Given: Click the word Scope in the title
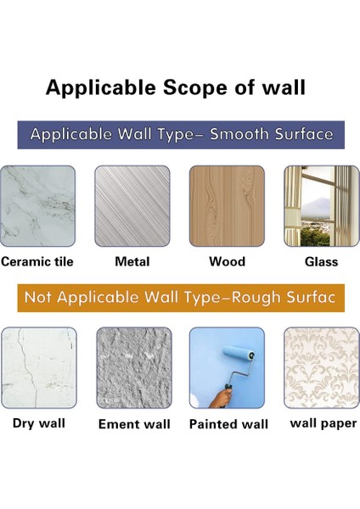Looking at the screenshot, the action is [194, 88].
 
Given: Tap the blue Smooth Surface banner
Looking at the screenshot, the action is [181, 135].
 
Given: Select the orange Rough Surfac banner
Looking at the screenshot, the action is [181, 298].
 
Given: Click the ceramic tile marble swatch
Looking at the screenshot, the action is [37, 206].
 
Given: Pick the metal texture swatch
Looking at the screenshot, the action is [132, 206].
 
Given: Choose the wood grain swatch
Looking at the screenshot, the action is [227, 206].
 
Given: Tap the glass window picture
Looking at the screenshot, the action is [322, 206].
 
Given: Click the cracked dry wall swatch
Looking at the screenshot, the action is [39, 367].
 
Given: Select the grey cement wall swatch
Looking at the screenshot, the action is [134, 367].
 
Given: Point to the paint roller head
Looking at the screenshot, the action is [239, 353].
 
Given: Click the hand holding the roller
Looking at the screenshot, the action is [221, 398].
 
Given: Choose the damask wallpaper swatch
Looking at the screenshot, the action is [322, 367].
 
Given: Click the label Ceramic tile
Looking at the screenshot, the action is [37, 261].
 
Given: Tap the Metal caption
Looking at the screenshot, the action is [132, 261].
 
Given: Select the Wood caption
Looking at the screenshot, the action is [227, 261].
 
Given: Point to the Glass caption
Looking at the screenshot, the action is [321, 261].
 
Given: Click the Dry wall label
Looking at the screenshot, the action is [39, 423].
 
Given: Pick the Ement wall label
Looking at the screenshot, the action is [134, 424].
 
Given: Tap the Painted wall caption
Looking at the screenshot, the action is [228, 424].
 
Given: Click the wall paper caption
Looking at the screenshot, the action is [323, 424].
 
